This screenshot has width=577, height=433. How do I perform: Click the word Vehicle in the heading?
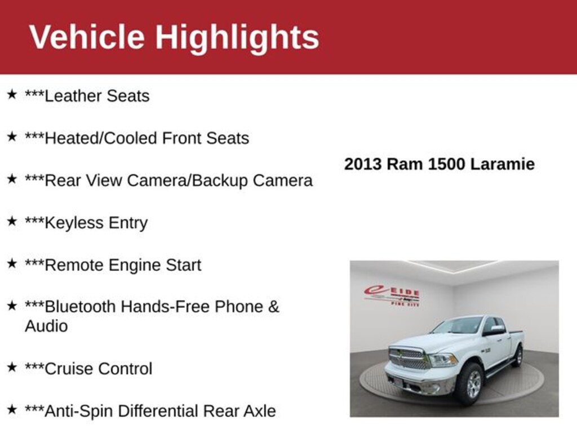[x=87, y=37]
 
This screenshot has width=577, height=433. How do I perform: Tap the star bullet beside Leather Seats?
[x=12, y=94]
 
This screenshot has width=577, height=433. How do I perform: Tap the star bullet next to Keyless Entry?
[x=12, y=221]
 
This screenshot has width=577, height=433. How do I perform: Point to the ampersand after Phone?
[x=274, y=307]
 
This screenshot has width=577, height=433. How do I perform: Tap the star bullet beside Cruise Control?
[x=12, y=367]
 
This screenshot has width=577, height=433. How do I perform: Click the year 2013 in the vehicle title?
[x=363, y=164]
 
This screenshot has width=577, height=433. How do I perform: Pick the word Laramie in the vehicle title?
[x=502, y=164]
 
